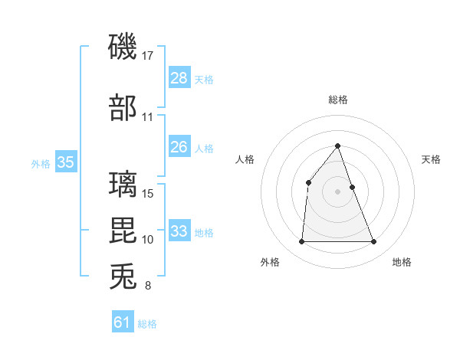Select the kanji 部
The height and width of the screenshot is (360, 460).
click(123, 108)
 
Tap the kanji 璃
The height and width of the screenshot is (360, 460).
click(123, 185)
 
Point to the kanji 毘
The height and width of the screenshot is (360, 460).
click(123, 231)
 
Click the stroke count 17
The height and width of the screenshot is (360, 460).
click(149, 55)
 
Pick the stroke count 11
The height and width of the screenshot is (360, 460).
click(148, 117)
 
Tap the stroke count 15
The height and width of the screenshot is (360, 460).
click(149, 193)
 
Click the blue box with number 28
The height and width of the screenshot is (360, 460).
click(179, 78)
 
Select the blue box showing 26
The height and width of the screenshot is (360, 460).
click(179, 147)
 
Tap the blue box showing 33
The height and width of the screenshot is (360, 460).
click(179, 231)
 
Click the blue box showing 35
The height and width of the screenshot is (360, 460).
click(65, 162)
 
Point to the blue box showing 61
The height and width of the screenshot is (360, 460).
click(122, 322)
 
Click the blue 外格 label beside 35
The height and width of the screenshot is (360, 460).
click(40, 163)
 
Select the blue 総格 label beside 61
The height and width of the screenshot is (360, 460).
click(147, 324)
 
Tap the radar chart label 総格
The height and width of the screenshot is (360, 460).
click(338, 100)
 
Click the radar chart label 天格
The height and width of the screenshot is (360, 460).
click(431, 159)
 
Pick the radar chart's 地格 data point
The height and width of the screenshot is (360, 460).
click(373, 242)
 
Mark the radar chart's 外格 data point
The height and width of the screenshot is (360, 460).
click(301, 242)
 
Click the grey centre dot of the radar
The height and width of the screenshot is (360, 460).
click(337, 191)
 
